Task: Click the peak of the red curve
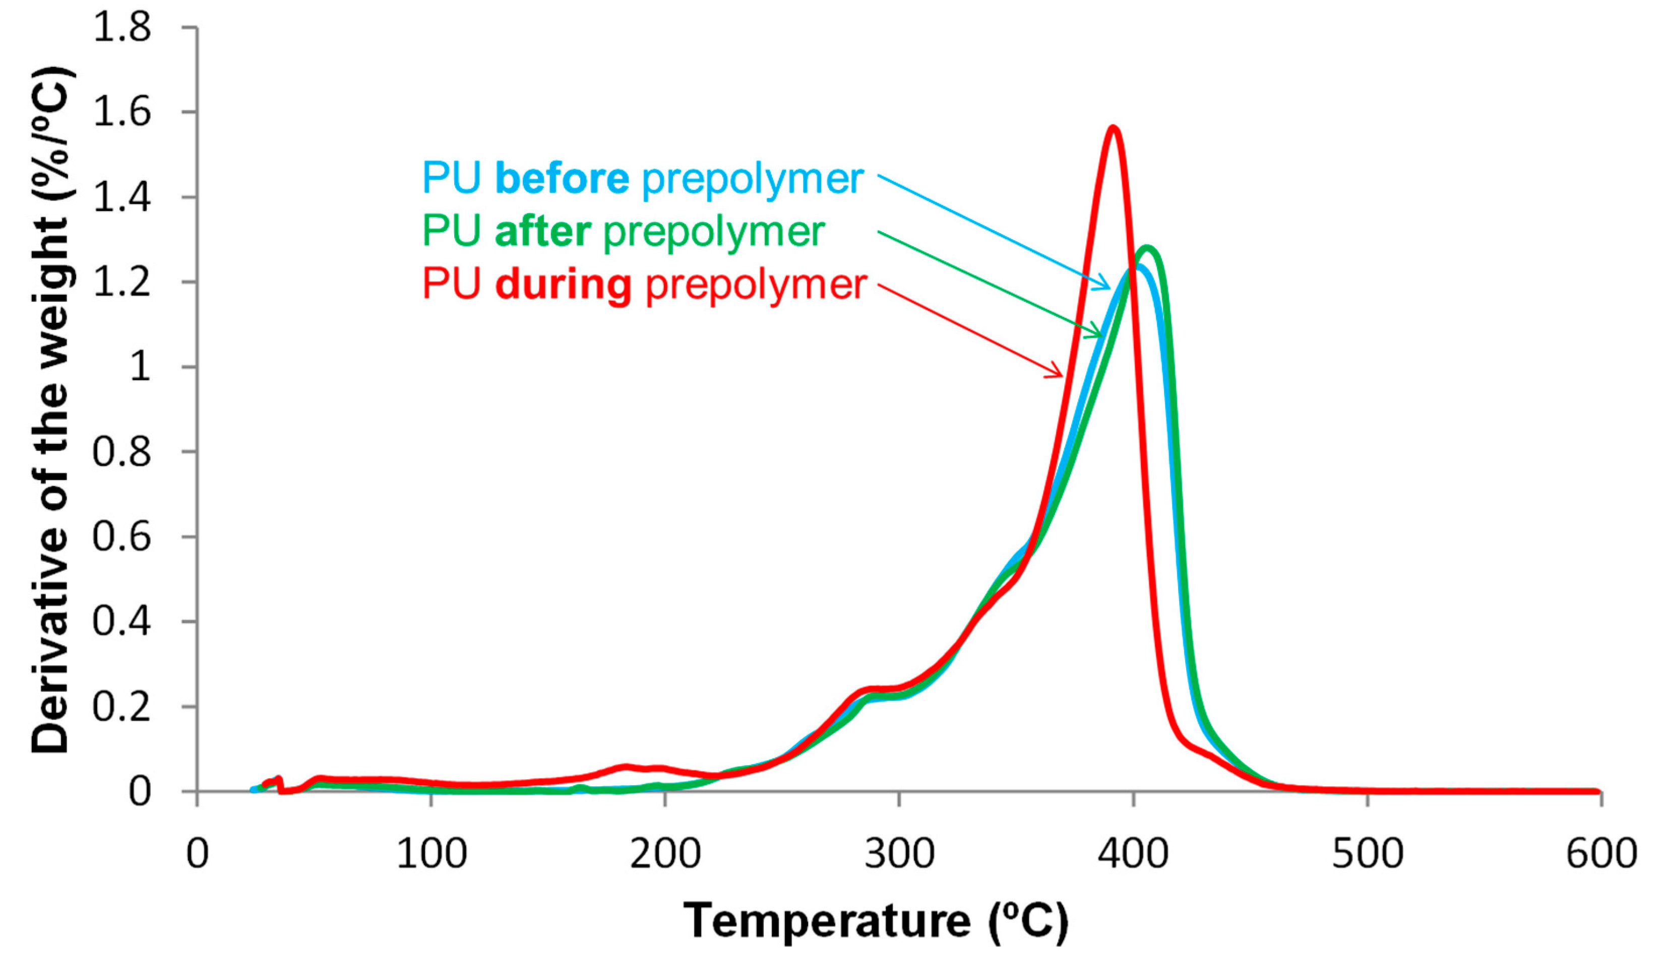1113,128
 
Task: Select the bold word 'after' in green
542,231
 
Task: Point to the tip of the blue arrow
1110,289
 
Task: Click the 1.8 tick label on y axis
122,28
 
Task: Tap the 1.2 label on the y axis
122,283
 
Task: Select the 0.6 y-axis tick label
122,537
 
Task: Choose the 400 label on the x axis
1133,854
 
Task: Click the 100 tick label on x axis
431,854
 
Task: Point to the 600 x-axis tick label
1601,854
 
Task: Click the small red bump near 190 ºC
626,768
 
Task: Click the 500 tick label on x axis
1367,854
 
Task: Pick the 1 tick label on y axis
140,367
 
